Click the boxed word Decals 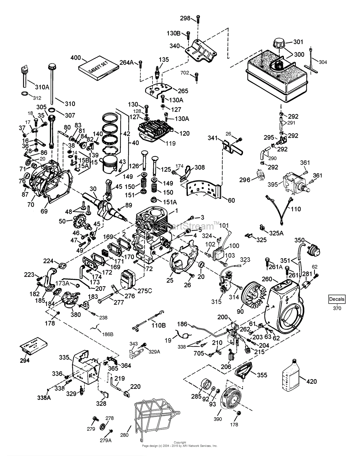[337, 299]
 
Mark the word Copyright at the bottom [180, 442]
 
